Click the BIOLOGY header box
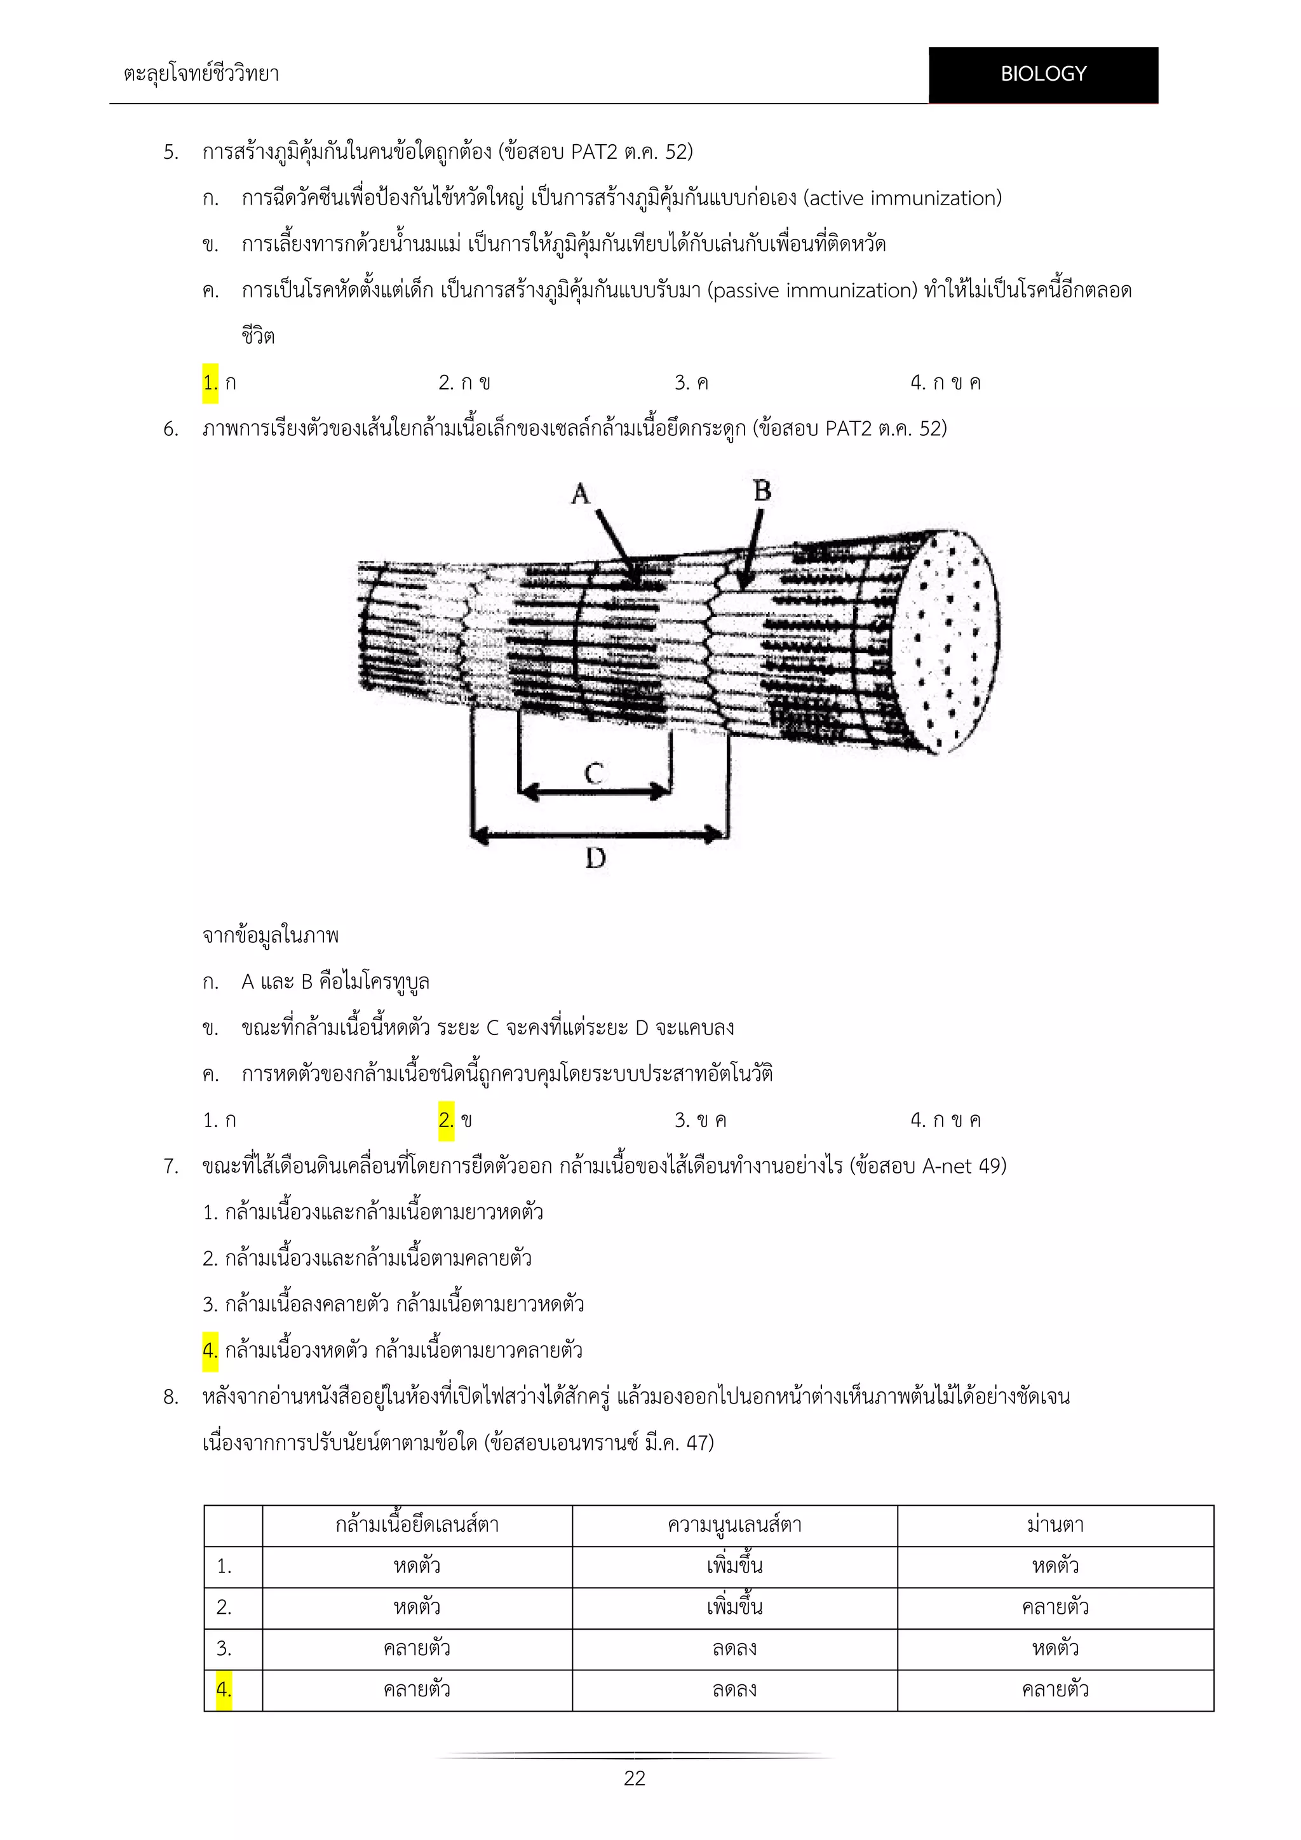click(1043, 74)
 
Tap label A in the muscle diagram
click(581, 494)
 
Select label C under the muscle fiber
click(593, 773)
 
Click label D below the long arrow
click(595, 859)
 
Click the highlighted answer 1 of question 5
click(210, 383)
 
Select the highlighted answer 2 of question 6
click(446, 1120)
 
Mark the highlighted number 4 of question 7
click(210, 1350)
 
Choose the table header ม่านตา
click(1055, 1525)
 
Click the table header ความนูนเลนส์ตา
click(734, 1525)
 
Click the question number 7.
click(171, 1166)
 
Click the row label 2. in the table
click(224, 1607)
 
